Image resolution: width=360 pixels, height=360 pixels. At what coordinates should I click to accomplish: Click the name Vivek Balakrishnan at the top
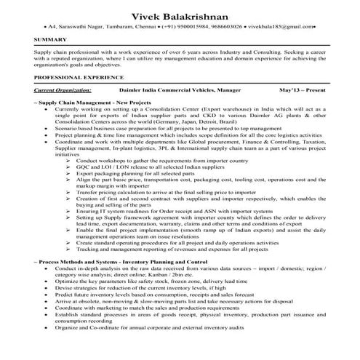[180, 16]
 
